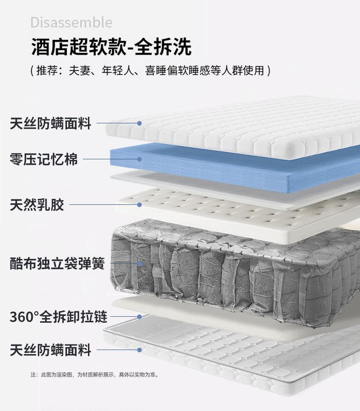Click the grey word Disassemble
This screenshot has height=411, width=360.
tap(71, 22)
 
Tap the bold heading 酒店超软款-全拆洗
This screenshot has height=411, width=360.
tap(112, 47)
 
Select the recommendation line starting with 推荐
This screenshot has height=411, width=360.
tap(150, 71)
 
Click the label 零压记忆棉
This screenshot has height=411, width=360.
tap(44, 159)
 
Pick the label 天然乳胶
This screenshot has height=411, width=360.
tap(37, 205)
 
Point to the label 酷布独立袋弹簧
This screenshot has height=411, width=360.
tap(57, 263)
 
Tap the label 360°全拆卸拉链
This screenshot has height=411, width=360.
tap(58, 317)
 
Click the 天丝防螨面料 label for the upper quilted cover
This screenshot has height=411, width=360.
tap(51, 123)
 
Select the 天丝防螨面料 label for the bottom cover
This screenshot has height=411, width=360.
tap(51, 350)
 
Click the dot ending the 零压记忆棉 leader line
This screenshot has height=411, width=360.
tap(139, 159)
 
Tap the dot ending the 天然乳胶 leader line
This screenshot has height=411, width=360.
tap(139, 205)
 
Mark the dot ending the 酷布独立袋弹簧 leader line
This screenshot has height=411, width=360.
tap(139, 263)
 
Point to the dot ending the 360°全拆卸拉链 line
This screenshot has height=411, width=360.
tap(139, 317)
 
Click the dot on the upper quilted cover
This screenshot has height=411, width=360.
tap(139, 123)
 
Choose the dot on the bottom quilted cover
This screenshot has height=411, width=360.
tap(139, 350)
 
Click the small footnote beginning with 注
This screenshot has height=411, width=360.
tap(94, 375)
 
